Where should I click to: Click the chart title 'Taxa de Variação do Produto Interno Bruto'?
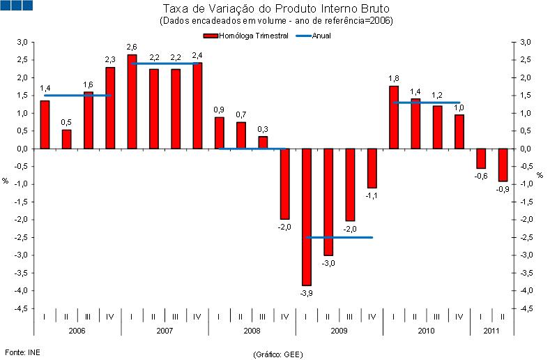click(275, 9)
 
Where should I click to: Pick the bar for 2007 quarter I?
click(132, 102)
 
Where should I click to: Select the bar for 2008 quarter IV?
click(284, 183)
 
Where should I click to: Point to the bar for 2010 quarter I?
click(393, 117)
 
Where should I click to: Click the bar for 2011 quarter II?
click(502, 165)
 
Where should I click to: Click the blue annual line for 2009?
click(339, 237)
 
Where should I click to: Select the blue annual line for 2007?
click(165, 63)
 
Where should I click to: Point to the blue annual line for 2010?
click(426, 103)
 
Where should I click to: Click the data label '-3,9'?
click(306, 294)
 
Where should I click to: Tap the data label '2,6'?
click(132, 47)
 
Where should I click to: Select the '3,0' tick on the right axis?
click(526, 43)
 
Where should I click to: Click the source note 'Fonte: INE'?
click(21, 352)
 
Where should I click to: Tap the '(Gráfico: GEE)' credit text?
click(277, 354)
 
